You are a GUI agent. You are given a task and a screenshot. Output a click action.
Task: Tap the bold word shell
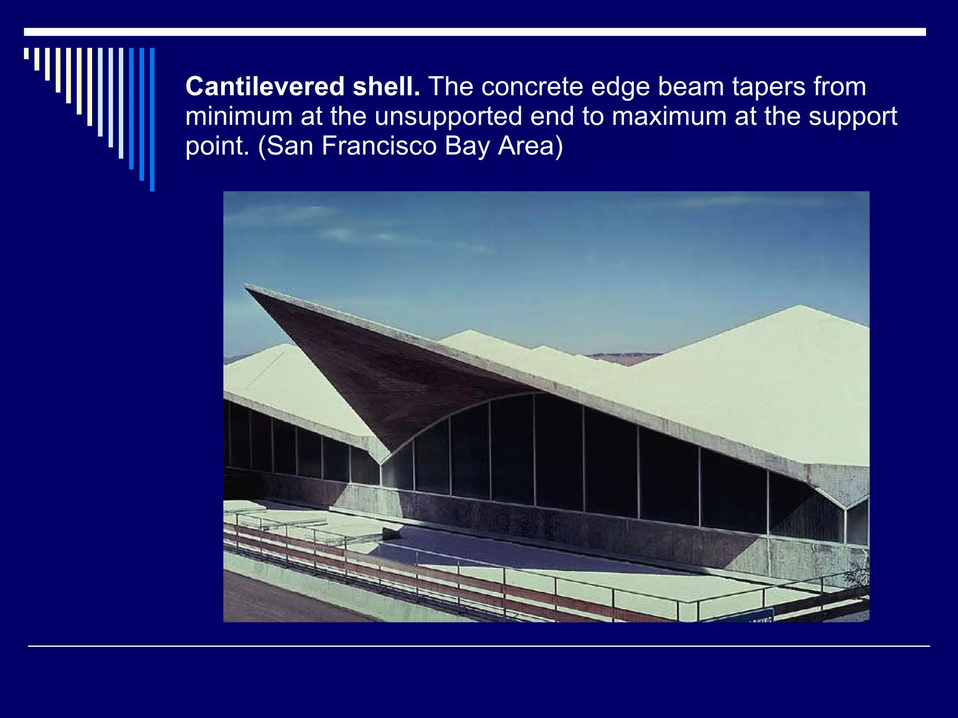click(x=386, y=86)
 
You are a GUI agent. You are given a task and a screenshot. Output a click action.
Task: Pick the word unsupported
click(x=448, y=117)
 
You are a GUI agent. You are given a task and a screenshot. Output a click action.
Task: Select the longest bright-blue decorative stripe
click(x=152, y=119)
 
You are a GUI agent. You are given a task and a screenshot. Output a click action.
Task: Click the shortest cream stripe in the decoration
click(x=26, y=53)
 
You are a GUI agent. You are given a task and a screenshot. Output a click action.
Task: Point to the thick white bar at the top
click(x=475, y=32)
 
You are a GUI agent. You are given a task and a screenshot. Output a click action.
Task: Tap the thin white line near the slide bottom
click(x=479, y=646)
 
